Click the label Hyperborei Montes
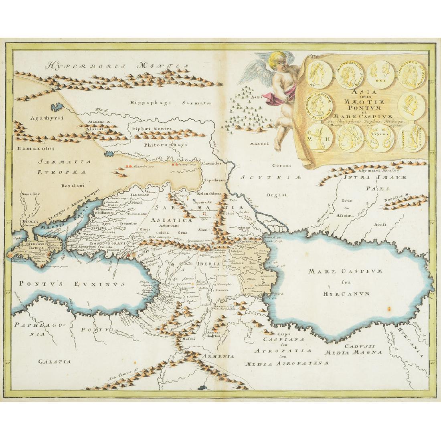(116, 65)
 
